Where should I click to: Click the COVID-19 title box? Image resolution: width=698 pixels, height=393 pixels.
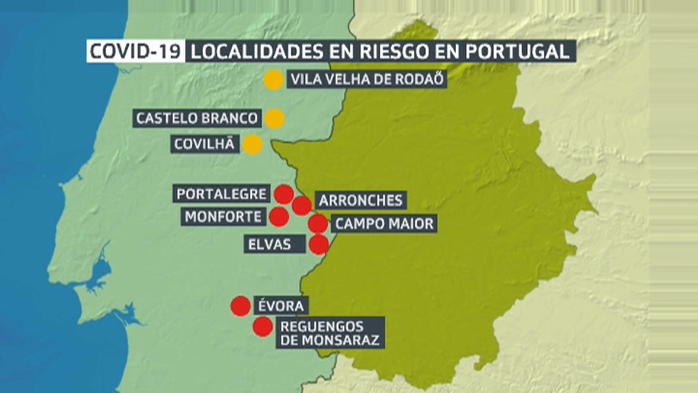136,52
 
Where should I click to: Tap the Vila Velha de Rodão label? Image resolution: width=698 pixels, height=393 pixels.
366,80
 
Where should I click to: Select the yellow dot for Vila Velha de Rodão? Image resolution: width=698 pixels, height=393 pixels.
273,80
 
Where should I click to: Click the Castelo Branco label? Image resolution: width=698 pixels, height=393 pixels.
197,118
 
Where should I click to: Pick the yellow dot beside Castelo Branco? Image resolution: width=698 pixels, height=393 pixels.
274,118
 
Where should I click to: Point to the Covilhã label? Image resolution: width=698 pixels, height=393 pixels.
205,143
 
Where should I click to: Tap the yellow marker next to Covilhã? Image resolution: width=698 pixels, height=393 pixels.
252,144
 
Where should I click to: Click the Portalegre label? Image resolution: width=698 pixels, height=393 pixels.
222,194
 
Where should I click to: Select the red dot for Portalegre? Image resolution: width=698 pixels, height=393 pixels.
284,194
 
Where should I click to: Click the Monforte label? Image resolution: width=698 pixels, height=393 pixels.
222,216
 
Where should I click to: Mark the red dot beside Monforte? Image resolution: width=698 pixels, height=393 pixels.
278,216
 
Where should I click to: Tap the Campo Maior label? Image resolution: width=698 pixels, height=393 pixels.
384,223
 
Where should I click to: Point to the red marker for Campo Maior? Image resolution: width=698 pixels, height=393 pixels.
318,223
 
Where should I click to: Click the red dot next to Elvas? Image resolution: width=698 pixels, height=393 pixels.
318,245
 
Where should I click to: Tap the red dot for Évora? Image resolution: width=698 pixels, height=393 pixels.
240,306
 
